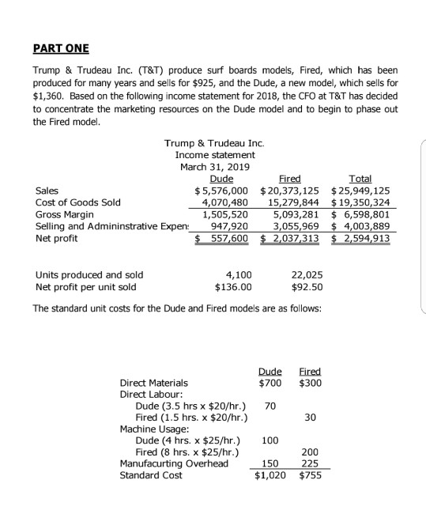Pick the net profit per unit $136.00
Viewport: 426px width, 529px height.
(x=233, y=286)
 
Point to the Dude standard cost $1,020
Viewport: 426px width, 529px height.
(x=270, y=476)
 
